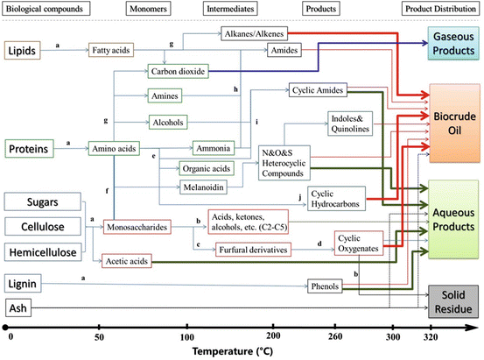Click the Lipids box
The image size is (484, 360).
(23, 52)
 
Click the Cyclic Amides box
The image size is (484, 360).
(318, 89)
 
